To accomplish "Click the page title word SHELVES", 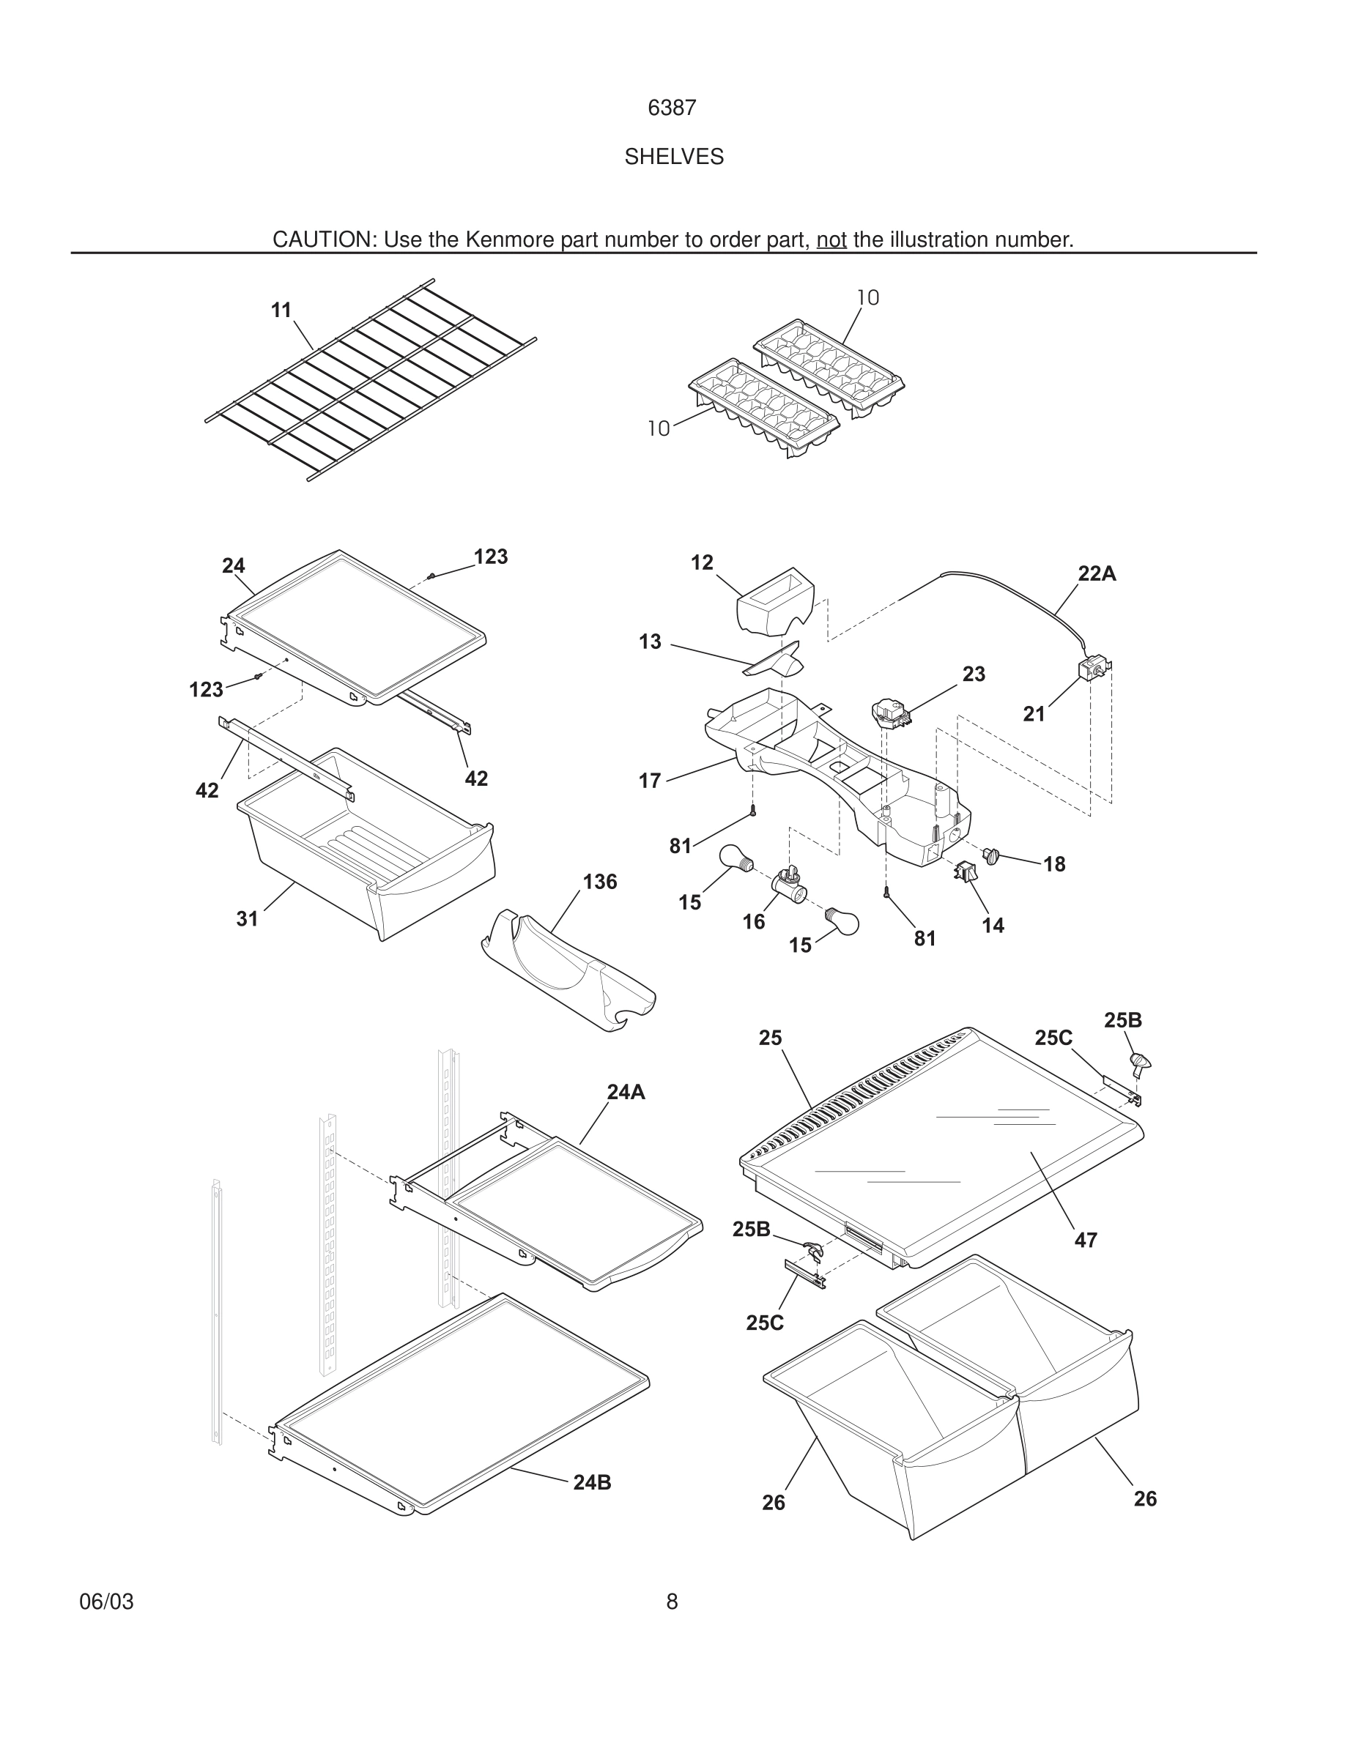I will point(673,157).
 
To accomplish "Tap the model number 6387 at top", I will point(672,108).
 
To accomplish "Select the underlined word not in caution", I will point(831,239).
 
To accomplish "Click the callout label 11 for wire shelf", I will point(281,310).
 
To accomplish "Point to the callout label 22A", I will point(1097,573).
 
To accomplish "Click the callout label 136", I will point(599,881).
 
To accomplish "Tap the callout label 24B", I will point(592,1483).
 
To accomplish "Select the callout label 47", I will point(1085,1240).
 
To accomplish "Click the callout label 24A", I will point(626,1093).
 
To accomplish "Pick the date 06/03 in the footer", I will point(106,1602).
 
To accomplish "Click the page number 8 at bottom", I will point(672,1602).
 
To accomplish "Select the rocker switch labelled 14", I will point(964,872).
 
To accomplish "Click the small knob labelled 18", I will point(991,855).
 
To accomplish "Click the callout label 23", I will point(974,674).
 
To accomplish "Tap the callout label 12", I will point(701,563).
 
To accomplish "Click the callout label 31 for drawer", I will point(247,918).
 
